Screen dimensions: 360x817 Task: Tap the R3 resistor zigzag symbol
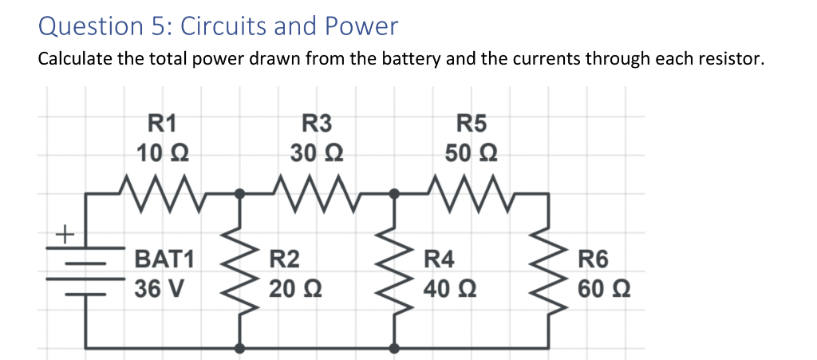[317, 192]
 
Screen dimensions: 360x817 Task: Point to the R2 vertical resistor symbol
[239, 271]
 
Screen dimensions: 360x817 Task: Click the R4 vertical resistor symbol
[394, 271]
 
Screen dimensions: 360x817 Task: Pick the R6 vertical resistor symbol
[548, 271]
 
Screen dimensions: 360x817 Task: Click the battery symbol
[85, 271]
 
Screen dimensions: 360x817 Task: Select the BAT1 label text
[164, 259]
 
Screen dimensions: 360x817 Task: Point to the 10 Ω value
[163, 152]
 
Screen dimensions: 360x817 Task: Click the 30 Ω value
[317, 152]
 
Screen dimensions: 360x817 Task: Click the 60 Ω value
[604, 287]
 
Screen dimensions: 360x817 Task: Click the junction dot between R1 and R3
[239, 192]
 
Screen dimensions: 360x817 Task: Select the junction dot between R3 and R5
[394, 192]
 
